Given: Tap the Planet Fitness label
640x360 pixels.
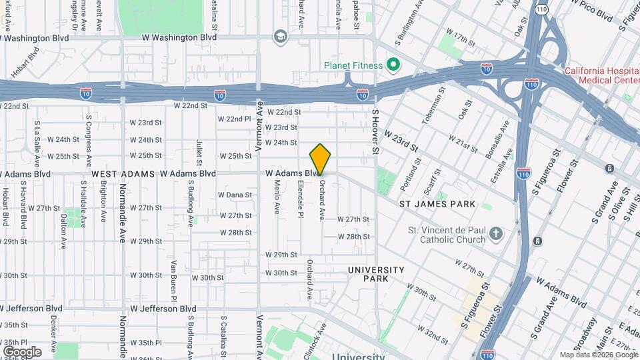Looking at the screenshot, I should click(353, 65).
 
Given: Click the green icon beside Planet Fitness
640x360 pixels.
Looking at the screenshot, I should click(393, 65).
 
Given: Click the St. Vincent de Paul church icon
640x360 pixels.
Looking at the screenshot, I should click(495, 233).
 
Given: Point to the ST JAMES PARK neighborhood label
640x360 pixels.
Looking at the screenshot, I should click(437, 203).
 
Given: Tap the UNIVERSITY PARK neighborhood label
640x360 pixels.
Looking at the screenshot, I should click(376, 273).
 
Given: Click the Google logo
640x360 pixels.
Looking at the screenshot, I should click(21, 351).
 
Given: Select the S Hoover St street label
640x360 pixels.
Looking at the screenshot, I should click(375, 133).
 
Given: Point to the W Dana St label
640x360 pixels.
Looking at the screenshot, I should click(235, 195).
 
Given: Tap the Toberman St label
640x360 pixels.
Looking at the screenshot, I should click(431, 106).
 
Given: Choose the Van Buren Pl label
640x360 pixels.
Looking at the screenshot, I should click(173, 279).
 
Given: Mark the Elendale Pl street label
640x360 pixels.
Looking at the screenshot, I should click(301, 199).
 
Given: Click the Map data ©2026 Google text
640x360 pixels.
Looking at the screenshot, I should click(598, 355).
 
